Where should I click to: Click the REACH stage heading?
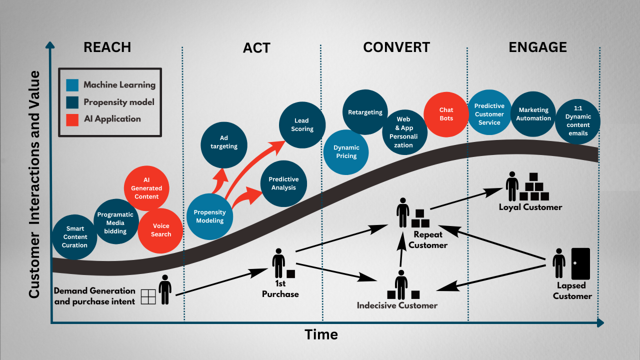click(107, 47)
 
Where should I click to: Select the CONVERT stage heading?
click(396, 47)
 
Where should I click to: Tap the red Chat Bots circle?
click(446, 114)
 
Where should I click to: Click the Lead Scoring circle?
click(301, 124)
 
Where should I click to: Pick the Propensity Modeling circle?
click(209, 216)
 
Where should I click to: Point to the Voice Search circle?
click(161, 230)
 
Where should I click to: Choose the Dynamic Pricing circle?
click(346, 151)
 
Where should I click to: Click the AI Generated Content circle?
click(146, 188)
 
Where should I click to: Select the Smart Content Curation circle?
click(74, 237)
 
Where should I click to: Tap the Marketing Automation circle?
click(533, 114)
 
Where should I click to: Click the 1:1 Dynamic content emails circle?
click(577, 121)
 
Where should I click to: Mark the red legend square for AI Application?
click(72, 119)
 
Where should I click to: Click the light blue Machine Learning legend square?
click(72, 85)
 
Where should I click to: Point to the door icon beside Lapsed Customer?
click(580, 263)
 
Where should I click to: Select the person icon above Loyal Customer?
click(512, 186)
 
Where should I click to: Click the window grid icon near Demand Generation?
click(148, 296)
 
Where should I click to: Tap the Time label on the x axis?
click(321, 334)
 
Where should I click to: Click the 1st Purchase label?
click(280, 289)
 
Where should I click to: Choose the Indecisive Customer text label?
click(397, 305)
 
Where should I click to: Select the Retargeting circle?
click(365, 112)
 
